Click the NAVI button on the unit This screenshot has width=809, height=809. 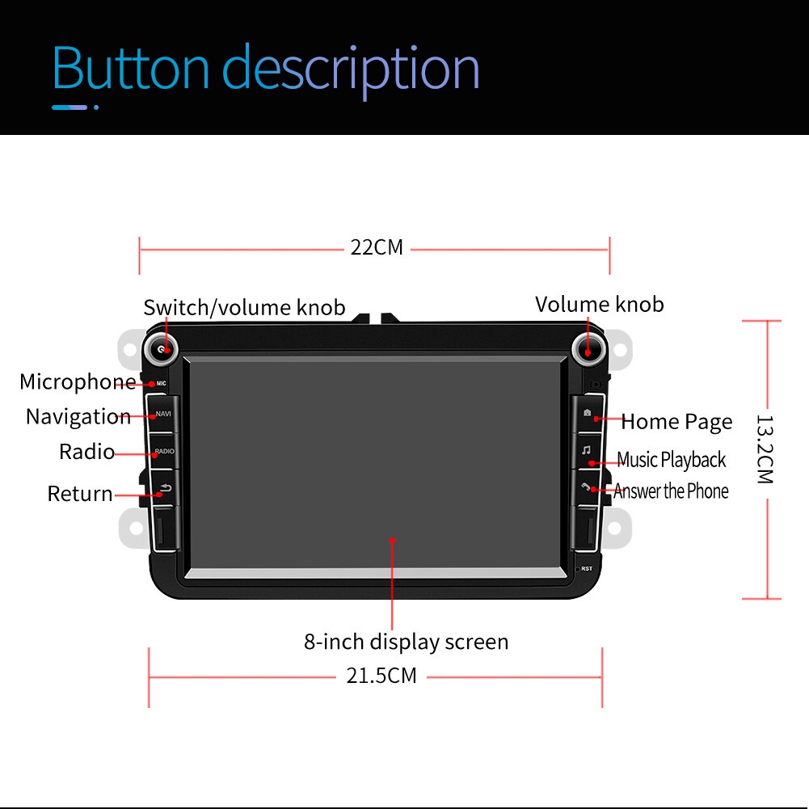coord(162,415)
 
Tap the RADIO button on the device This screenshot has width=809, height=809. coord(163,452)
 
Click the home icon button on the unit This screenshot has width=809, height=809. coord(587,414)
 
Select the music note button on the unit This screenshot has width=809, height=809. coord(587,450)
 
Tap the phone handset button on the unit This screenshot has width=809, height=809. coord(587,487)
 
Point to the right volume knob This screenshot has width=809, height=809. coord(588,348)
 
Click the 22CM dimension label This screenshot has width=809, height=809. coord(376,247)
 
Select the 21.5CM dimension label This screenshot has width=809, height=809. coord(381,675)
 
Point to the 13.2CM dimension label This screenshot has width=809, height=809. coord(765,449)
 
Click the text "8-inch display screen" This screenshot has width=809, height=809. coord(406,642)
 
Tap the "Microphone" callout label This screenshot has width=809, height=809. coord(78,381)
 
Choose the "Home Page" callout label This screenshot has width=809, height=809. coord(676,421)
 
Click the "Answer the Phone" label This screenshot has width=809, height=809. coord(671,491)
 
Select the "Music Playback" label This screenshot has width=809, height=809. coord(671,460)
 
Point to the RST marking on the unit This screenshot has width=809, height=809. coord(586,569)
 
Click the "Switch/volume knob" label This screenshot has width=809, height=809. coord(244,307)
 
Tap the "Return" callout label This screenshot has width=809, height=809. coord(80,493)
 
